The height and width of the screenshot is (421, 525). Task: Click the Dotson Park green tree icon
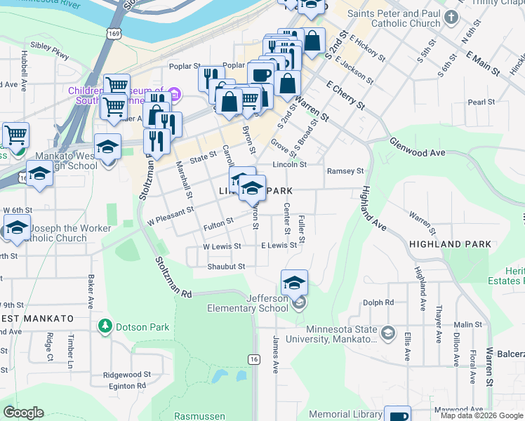point(105,326)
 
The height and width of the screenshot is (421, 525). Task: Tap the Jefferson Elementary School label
point(248,303)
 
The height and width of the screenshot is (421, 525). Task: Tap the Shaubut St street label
point(226,267)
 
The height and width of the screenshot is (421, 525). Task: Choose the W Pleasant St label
point(170,214)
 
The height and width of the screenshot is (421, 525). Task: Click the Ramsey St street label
point(345,171)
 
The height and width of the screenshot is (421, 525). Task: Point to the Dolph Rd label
point(378,303)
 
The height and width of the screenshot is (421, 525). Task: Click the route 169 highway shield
point(112,33)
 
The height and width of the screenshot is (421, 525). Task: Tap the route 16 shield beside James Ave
point(253,359)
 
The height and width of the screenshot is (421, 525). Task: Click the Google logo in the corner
point(24,413)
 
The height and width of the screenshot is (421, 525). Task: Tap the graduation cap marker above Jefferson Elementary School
point(295,282)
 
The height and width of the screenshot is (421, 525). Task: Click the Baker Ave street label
point(91,292)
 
